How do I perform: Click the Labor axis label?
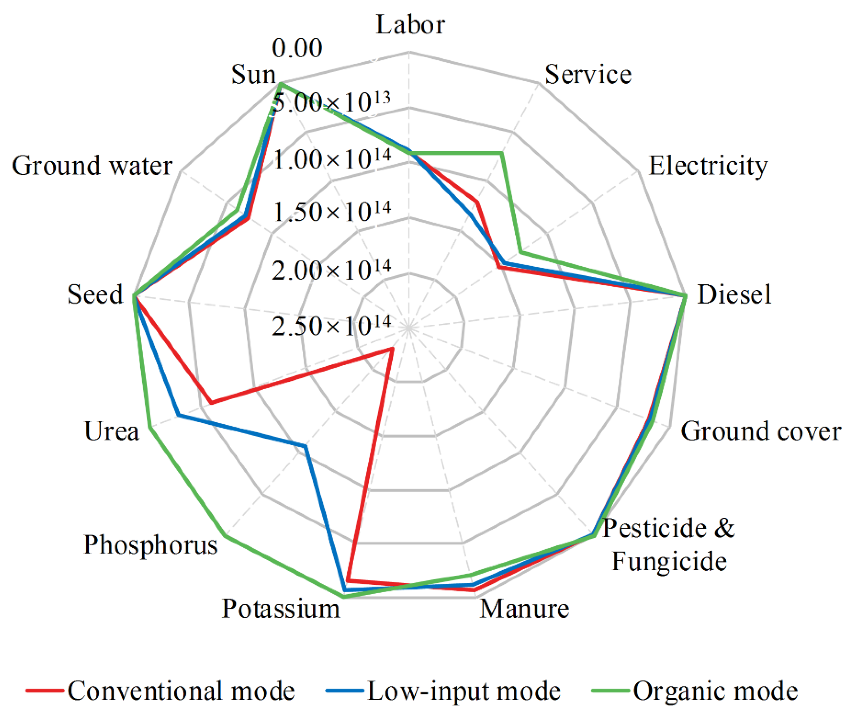410,25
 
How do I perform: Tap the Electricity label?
708,166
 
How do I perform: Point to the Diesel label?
734,295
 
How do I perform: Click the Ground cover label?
761,431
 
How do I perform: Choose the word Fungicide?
669,561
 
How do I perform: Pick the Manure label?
524,609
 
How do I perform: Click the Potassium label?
281,609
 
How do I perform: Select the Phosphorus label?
151,545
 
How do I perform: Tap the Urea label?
111,431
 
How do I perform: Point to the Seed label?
95,295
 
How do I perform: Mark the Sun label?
254,75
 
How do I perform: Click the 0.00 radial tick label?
297,48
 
